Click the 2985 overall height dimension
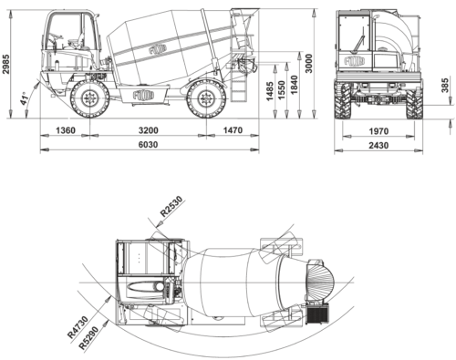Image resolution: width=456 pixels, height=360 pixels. pos(5,64)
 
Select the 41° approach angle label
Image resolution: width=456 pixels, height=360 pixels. pos(25,98)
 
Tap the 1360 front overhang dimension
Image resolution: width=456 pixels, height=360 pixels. pos(66,130)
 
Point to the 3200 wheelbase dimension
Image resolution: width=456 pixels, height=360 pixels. pos(149,130)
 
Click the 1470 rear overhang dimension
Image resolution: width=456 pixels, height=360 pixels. pos(233,130)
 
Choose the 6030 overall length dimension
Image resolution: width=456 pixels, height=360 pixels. pos(148,144)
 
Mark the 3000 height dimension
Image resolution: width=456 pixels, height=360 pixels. pos(308,63)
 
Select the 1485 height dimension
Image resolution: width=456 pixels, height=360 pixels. pos(270,91)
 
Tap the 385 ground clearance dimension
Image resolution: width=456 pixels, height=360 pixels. pos(445,86)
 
